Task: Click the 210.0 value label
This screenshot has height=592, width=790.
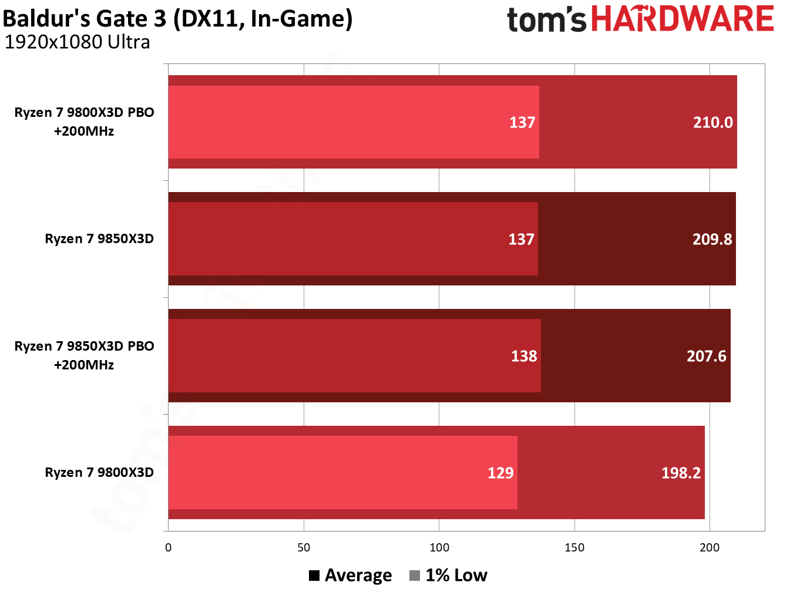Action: tap(712, 122)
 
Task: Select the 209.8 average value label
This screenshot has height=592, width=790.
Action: tap(712, 239)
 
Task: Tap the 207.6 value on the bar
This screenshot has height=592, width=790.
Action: tap(706, 356)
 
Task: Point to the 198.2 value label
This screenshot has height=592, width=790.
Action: tap(681, 473)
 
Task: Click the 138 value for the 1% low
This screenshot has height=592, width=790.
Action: tap(524, 356)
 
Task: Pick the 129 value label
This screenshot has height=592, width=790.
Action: tap(500, 473)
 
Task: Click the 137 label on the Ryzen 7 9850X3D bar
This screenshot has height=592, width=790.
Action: tap(521, 239)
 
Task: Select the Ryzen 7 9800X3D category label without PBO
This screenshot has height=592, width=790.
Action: tap(99, 472)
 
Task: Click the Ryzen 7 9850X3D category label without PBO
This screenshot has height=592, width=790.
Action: tap(99, 238)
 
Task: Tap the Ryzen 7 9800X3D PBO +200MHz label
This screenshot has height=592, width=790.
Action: tap(84, 122)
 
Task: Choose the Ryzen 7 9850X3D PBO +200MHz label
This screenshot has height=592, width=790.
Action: tap(84, 355)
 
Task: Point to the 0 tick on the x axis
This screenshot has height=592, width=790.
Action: tap(169, 547)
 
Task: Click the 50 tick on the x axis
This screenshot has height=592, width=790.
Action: tap(304, 547)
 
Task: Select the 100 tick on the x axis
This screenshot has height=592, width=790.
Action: tap(439, 547)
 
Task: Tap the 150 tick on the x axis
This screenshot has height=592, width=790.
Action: tap(574, 547)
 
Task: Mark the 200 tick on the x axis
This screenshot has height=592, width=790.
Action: tap(710, 547)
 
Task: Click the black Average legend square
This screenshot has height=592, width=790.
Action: tap(314, 576)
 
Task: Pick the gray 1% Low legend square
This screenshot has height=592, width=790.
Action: tap(415, 576)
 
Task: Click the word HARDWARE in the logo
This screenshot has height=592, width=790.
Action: tap(682, 19)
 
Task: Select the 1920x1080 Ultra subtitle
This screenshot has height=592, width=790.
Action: tap(77, 42)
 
